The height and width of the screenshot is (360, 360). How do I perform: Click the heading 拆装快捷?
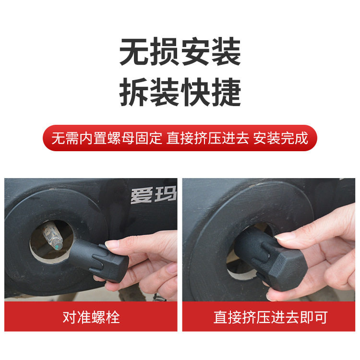tap(180, 92)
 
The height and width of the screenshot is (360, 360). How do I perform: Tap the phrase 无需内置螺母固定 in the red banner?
tap(107, 138)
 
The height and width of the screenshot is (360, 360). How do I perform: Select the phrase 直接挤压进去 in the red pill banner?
tap(208, 138)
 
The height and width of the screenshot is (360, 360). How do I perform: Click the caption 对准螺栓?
tap(91, 317)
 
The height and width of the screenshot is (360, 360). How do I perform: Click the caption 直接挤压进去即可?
tap(270, 317)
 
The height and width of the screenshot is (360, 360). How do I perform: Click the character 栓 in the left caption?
tap(113, 317)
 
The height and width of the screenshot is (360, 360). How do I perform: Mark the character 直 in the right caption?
tap(220, 317)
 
